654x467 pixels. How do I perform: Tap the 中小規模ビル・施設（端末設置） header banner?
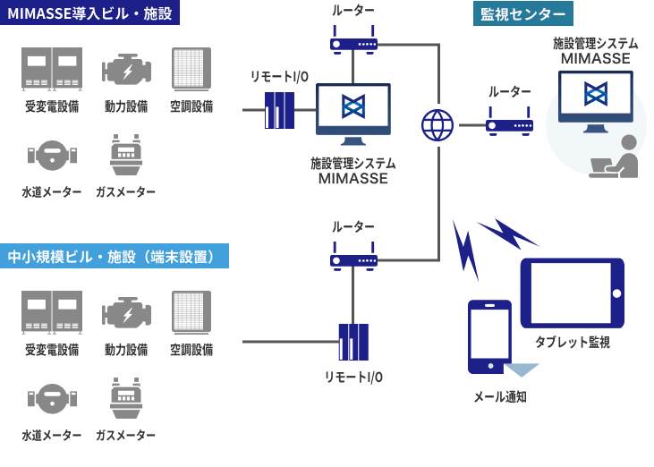tap(114, 257)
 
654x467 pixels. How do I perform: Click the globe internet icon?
tap(437, 123)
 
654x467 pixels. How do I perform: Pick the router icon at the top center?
tap(353, 41)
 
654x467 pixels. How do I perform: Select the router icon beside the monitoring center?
tap(509, 123)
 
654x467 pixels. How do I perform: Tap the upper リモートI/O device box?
tap(279, 111)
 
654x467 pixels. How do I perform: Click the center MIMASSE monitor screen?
tap(353, 112)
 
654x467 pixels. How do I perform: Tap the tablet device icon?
tap(572, 293)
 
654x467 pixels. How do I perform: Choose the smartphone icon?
tap(489, 336)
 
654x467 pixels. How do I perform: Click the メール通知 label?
tap(499, 396)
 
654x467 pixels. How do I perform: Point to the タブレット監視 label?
tap(572, 342)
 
